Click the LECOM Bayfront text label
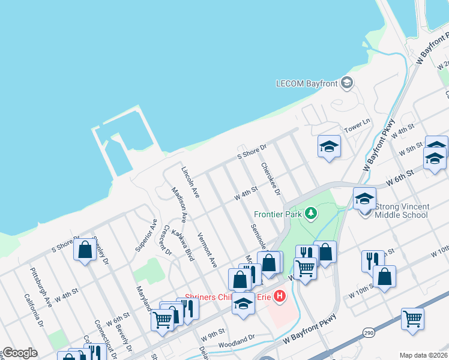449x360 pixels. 306,83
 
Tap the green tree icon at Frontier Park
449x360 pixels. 311,213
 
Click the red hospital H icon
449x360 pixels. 279,296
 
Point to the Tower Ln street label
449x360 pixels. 357,130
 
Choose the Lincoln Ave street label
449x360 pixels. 190,182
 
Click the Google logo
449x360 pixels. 20,353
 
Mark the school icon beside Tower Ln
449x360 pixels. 329,147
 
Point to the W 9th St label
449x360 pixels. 213,331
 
